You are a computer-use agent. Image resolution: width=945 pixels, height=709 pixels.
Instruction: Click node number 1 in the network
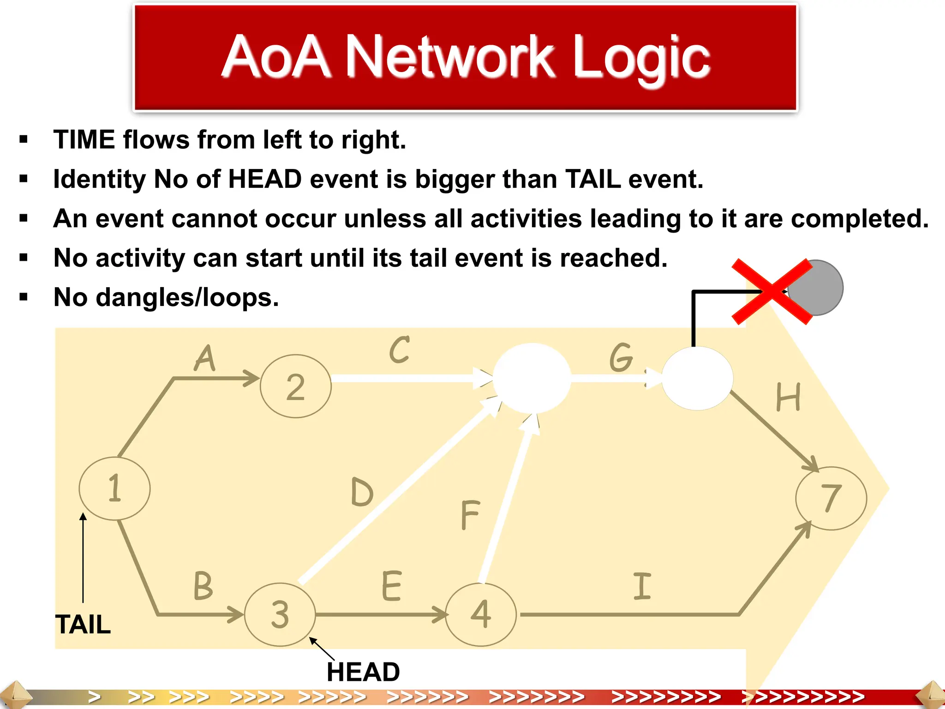(114, 488)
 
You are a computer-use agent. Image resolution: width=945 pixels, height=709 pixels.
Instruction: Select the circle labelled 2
(296, 386)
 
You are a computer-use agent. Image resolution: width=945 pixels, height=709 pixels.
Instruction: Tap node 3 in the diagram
(280, 614)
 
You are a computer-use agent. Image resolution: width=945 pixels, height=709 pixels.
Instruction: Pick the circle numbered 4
(481, 614)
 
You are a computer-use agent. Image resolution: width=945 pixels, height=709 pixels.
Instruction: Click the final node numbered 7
(831, 498)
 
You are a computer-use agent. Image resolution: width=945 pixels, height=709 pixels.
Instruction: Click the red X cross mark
(772, 291)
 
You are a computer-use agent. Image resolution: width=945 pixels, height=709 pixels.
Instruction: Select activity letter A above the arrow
(205, 359)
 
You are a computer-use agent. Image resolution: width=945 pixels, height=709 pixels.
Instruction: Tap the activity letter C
(399, 350)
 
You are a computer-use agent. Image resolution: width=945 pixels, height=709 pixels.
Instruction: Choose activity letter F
(470, 515)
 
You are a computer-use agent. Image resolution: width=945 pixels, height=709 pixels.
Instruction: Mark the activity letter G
(621, 357)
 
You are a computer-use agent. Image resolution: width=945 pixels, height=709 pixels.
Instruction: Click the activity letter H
(788, 397)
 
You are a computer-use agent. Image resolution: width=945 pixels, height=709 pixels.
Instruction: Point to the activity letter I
(642, 586)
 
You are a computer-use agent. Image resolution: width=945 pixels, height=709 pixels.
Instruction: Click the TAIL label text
(83, 625)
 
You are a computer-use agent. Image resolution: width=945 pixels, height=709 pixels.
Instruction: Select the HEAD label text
(363, 672)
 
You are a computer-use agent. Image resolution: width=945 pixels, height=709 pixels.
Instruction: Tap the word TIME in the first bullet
(84, 139)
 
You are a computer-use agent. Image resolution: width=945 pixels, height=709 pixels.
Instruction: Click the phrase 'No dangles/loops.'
(166, 297)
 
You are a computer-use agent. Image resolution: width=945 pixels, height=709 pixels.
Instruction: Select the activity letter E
(392, 586)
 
